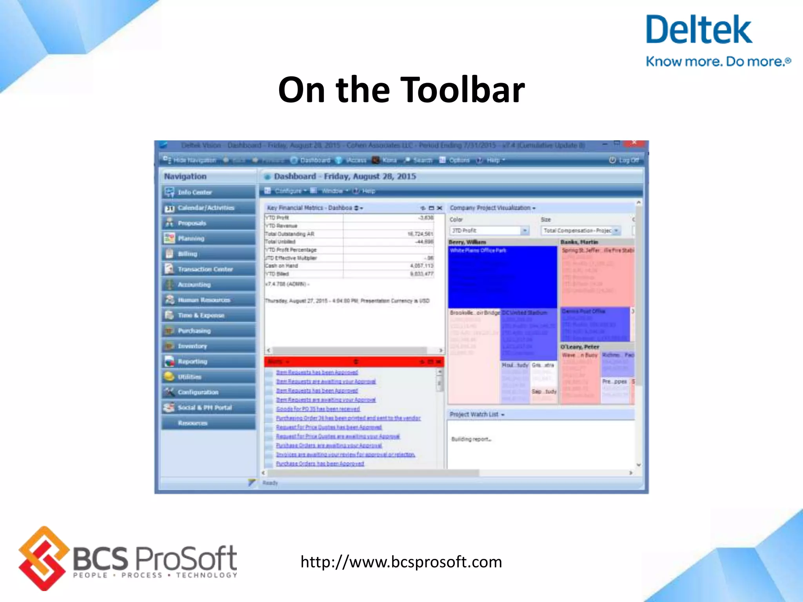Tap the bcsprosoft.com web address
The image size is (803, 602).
(x=401, y=562)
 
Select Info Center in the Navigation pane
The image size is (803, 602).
(x=194, y=192)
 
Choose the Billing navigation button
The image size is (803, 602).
(x=187, y=254)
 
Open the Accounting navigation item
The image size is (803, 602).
(x=194, y=285)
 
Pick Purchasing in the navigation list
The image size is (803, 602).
(x=194, y=331)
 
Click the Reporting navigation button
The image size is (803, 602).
(x=192, y=362)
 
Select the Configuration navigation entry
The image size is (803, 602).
(x=198, y=392)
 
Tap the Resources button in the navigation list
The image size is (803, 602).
(x=193, y=423)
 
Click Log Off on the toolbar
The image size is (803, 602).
(x=624, y=160)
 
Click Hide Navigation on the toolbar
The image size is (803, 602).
(x=190, y=160)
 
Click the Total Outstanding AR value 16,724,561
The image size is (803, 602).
(x=420, y=234)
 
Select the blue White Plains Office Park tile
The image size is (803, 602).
(x=502, y=277)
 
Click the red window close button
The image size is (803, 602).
(x=634, y=143)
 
